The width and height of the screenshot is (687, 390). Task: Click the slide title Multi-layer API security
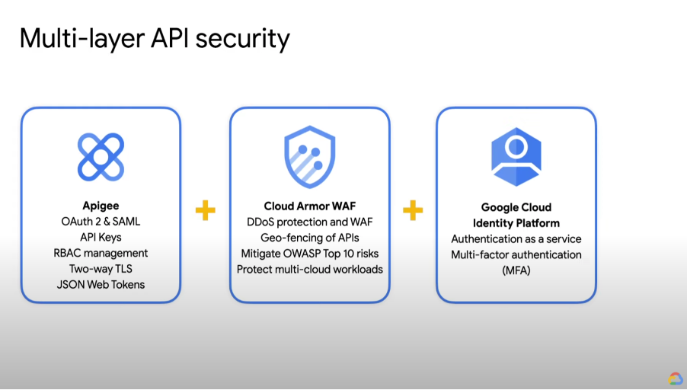click(155, 38)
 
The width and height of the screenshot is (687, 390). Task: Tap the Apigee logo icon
click(101, 157)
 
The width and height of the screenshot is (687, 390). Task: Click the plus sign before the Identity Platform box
click(412, 210)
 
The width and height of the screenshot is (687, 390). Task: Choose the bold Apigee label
click(101, 206)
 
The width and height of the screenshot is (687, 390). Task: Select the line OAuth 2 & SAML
click(101, 222)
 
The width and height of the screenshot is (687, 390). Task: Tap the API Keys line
click(101, 238)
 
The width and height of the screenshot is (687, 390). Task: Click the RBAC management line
click(101, 253)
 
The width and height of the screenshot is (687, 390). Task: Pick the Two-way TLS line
click(101, 269)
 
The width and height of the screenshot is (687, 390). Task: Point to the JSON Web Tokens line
click(101, 285)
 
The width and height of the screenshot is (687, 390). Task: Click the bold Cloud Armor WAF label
click(310, 206)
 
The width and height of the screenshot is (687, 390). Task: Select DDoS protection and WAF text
click(310, 222)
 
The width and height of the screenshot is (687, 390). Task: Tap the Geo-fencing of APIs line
click(310, 238)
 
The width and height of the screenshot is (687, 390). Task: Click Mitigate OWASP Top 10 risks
click(310, 253)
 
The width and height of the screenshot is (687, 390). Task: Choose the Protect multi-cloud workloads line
click(310, 269)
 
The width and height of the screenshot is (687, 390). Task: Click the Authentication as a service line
click(516, 239)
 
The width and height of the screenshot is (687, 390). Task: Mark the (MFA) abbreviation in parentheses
click(516, 270)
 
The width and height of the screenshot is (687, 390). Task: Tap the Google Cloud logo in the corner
click(676, 379)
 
